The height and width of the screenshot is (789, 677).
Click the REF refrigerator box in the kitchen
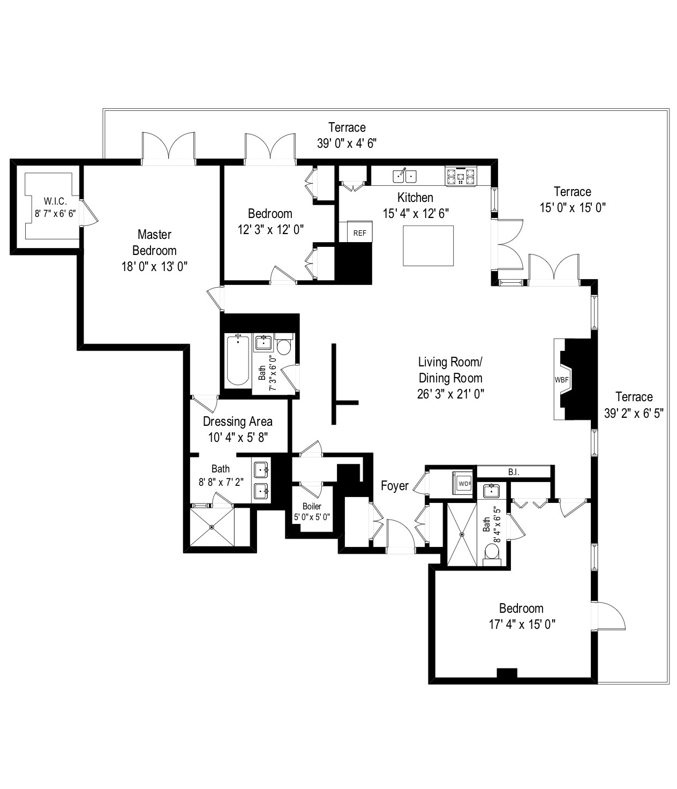pos(359,233)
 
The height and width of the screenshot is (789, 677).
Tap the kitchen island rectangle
pos(428,245)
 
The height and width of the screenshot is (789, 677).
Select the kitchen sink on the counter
pos(404,175)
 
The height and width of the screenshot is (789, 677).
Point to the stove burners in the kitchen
pos(460,176)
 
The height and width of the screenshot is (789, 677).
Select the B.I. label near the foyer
pos(514,472)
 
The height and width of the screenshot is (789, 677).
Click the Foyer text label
pos(395,486)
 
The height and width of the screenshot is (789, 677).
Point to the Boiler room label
pos(312,506)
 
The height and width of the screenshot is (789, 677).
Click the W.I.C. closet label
pos(55,201)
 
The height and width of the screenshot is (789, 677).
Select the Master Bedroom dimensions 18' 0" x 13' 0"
pos(154,266)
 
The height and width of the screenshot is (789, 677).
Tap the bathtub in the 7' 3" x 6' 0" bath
pos(237,360)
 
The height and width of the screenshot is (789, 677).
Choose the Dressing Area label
pos(237,422)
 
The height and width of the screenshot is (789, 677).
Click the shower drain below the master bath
pos(212,527)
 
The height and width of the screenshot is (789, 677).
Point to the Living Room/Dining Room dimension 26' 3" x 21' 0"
pos(450,394)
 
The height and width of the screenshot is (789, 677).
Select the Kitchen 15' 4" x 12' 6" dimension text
pos(416,213)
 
